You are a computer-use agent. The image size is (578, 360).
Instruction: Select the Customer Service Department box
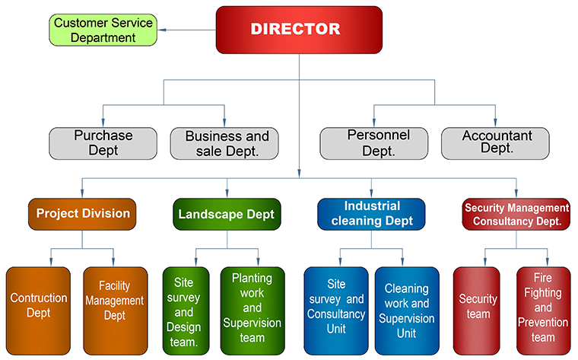pos(103,30)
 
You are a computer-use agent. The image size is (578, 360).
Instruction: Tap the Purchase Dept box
pos(103,143)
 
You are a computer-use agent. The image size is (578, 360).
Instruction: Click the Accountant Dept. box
pos(497,142)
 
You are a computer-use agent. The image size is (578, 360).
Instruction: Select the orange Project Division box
pos(83,214)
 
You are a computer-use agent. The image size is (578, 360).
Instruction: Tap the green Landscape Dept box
pos(227,214)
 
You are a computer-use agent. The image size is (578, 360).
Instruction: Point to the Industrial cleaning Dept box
pos(371,214)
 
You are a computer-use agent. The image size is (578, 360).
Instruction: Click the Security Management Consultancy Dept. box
pos(516,214)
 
